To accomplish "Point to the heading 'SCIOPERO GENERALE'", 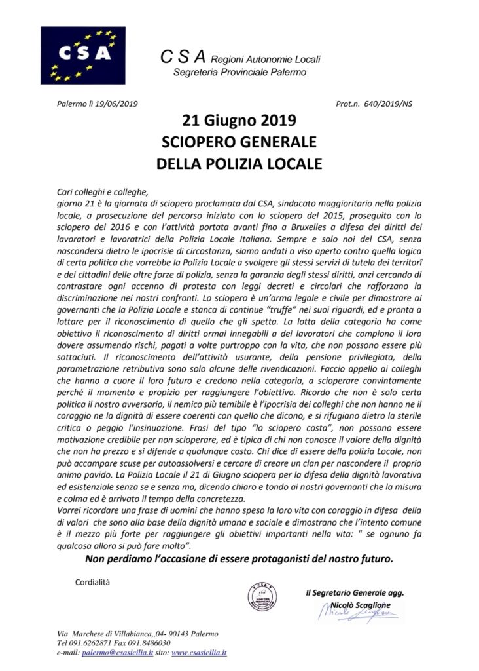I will [x=239, y=142].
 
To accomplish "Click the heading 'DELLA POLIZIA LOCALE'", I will [x=239, y=163].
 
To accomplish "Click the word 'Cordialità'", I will [x=93, y=581].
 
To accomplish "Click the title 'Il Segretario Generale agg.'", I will [x=355, y=592].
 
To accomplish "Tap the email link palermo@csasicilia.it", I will [x=119, y=653].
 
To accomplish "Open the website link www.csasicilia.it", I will [x=199, y=653].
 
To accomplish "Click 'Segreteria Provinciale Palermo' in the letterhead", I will [x=239, y=71].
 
